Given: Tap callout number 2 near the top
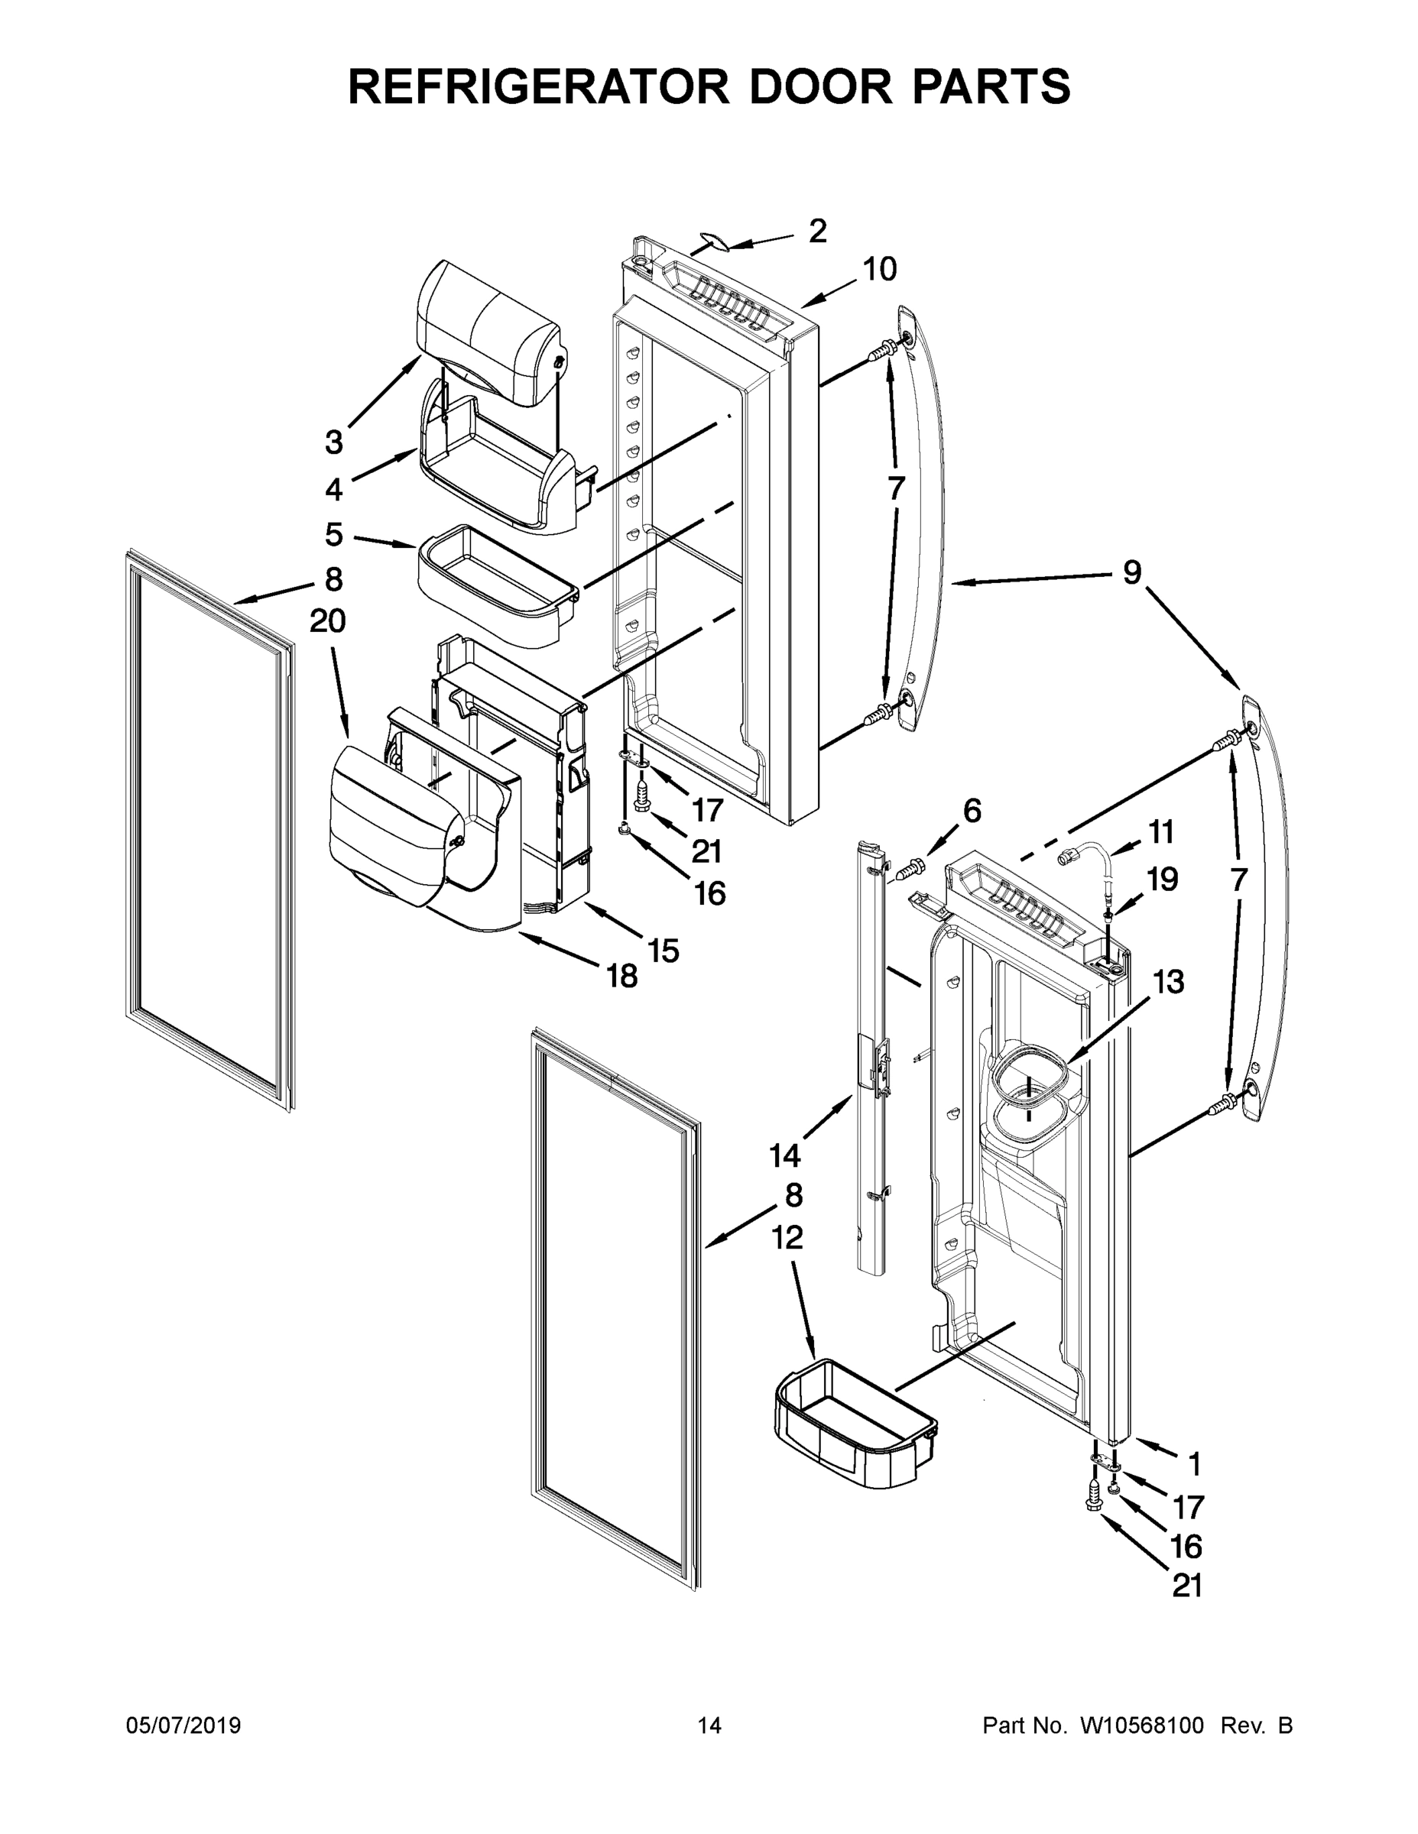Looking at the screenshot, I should point(816,231).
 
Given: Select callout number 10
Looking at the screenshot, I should point(880,270).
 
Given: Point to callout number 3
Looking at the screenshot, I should point(334,442).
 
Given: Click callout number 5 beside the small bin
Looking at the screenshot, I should point(334,534).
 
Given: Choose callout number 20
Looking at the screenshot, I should point(328,621).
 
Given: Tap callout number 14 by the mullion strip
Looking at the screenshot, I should point(784,1156).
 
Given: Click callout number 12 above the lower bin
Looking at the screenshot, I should point(787,1237).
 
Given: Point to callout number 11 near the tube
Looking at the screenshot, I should point(1161,832).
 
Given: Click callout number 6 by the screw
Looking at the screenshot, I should point(971,812).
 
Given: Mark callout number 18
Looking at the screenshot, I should point(622,976).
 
